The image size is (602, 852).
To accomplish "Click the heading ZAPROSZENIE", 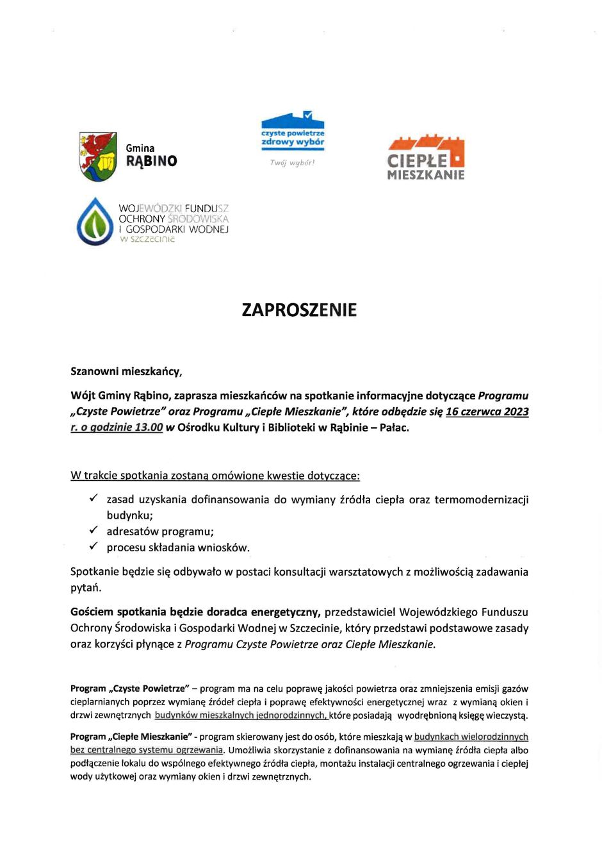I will (299, 310).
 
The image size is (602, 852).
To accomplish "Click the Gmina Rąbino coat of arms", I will (98, 156).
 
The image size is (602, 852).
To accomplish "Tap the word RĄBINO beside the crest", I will (151, 162).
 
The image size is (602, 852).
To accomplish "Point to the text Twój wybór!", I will (292, 163).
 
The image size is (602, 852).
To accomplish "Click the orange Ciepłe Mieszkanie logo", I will (426, 157).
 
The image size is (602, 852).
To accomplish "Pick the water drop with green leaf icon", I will (95, 222).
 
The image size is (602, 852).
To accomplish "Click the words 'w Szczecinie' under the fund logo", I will (147, 240).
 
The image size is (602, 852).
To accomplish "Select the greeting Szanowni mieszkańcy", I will (126, 371).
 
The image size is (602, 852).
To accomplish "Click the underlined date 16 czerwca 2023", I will (487, 412).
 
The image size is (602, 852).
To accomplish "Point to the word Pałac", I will (395, 428).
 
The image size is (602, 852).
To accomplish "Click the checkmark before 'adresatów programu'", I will (94, 530).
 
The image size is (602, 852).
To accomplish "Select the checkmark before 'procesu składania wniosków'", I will (94, 546).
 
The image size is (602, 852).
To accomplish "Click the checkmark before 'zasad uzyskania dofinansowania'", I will (94, 498).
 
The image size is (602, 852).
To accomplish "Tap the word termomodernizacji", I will (481, 499).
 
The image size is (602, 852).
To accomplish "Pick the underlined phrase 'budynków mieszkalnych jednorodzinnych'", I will (241, 715).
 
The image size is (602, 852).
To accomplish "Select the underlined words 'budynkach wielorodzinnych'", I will (471, 737).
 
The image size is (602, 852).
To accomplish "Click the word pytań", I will (86, 588).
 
